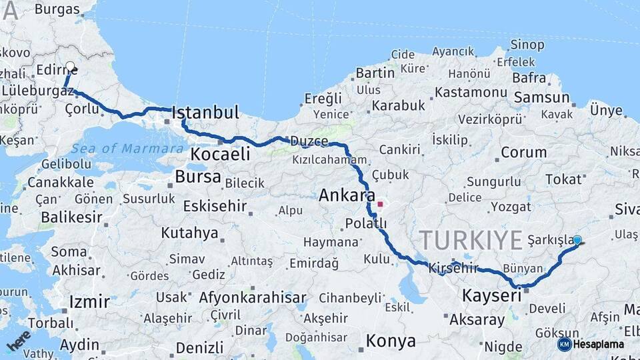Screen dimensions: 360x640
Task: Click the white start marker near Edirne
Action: click(x=70, y=67)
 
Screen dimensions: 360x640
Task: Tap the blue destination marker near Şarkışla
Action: click(x=577, y=240)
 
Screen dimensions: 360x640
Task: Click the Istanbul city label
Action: click(x=205, y=113)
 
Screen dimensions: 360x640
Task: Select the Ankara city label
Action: click(x=347, y=195)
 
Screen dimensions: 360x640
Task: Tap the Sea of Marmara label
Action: click(x=127, y=148)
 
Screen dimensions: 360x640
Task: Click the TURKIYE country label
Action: click(x=471, y=239)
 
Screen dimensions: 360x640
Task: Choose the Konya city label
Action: click(x=391, y=341)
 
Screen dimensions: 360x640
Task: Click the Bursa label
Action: click(x=198, y=177)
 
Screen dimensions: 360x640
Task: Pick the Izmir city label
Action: click(x=89, y=302)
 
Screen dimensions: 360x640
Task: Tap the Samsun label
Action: click(x=541, y=97)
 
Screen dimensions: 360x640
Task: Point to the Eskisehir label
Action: click(x=215, y=205)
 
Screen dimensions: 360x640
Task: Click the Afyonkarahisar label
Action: click(x=253, y=297)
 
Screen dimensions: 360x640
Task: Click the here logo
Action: click(x=18, y=340)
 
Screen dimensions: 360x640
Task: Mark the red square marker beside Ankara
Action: click(x=380, y=205)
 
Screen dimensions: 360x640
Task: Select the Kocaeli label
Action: click(x=220, y=154)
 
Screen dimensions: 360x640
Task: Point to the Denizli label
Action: click(x=200, y=347)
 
